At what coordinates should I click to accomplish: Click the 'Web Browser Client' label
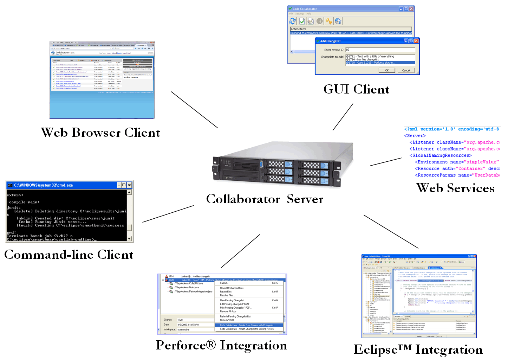(x=100, y=133)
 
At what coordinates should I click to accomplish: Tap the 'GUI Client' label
(x=356, y=89)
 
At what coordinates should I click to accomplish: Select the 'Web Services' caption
(x=455, y=188)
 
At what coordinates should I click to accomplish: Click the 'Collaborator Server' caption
(x=265, y=199)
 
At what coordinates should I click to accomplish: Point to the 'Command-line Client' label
(x=69, y=255)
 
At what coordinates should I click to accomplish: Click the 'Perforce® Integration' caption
(x=221, y=345)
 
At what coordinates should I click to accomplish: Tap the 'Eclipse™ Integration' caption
(x=418, y=349)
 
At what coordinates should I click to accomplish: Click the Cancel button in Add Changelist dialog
(x=406, y=70)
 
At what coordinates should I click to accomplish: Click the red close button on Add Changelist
(x=416, y=41)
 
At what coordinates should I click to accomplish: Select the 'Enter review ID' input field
(x=379, y=50)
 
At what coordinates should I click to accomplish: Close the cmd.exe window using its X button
(x=129, y=185)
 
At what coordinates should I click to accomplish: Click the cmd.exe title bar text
(x=44, y=185)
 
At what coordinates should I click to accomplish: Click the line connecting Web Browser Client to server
(x=194, y=110)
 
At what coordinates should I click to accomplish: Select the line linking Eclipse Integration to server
(x=391, y=232)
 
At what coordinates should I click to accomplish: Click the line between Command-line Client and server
(x=168, y=214)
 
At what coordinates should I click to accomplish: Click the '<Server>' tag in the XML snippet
(x=415, y=136)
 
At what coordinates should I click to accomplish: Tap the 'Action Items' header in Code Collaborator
(x=298, y=29)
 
